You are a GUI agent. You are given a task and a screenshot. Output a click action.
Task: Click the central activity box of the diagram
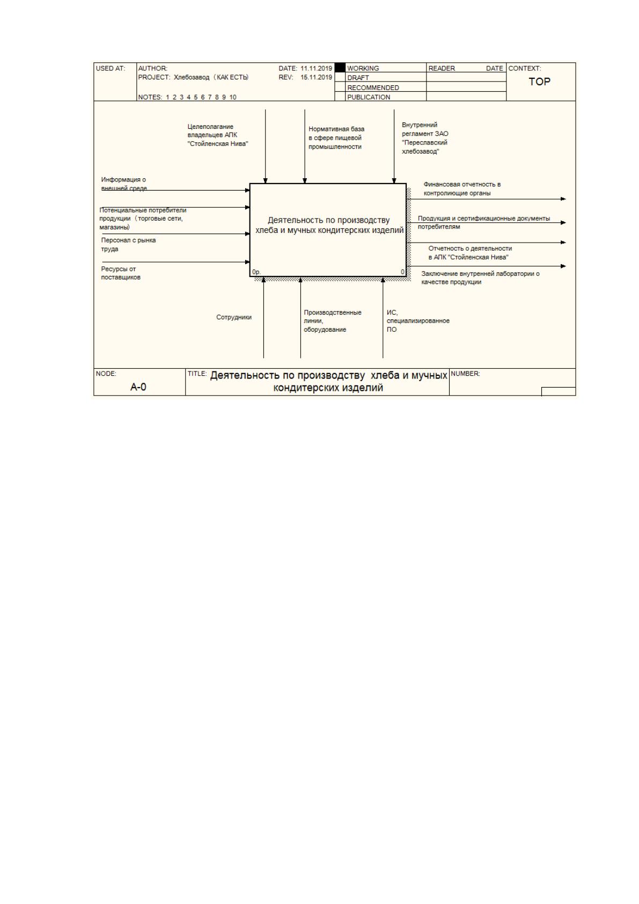point(328,230)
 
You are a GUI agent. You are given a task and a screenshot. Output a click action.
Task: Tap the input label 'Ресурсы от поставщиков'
point(121,273)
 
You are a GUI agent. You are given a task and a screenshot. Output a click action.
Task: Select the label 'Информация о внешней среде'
point(124,184)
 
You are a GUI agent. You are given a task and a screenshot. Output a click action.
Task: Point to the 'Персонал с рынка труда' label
point(128,245)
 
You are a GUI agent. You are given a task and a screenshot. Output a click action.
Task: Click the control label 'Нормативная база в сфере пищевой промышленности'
point(336,138)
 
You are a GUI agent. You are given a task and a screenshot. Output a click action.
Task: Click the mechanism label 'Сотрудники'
point(234,317)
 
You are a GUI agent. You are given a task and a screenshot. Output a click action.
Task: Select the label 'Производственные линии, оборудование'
point(333,321)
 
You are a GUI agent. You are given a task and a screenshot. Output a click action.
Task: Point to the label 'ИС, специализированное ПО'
point(418,321)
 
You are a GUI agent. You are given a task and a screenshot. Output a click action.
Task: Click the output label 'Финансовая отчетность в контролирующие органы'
point(462,188)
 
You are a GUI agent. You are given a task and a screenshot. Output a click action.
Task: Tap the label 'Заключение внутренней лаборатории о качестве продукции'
point(481,278)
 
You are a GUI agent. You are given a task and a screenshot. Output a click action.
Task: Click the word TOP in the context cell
point(539,82)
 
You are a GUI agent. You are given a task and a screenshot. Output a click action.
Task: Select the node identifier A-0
point(138,387)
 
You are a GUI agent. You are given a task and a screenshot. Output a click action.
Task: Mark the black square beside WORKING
point(340,68)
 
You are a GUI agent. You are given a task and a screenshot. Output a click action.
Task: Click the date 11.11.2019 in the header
point(316,69)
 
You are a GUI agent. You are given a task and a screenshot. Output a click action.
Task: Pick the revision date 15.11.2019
point(316,77)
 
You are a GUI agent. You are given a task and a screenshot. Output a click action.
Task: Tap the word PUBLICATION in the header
point(369,97)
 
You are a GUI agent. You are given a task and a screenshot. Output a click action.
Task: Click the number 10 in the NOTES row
point(233,97)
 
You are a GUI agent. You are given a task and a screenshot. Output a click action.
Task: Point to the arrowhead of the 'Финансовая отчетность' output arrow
point(563,199)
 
